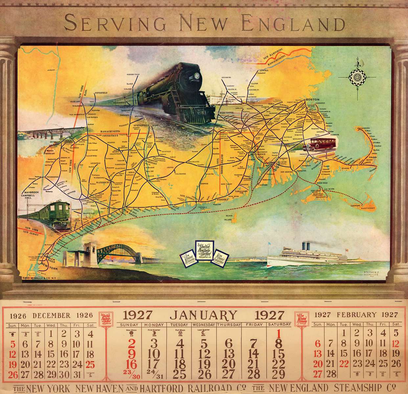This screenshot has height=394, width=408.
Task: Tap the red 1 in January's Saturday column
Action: point(279,334)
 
